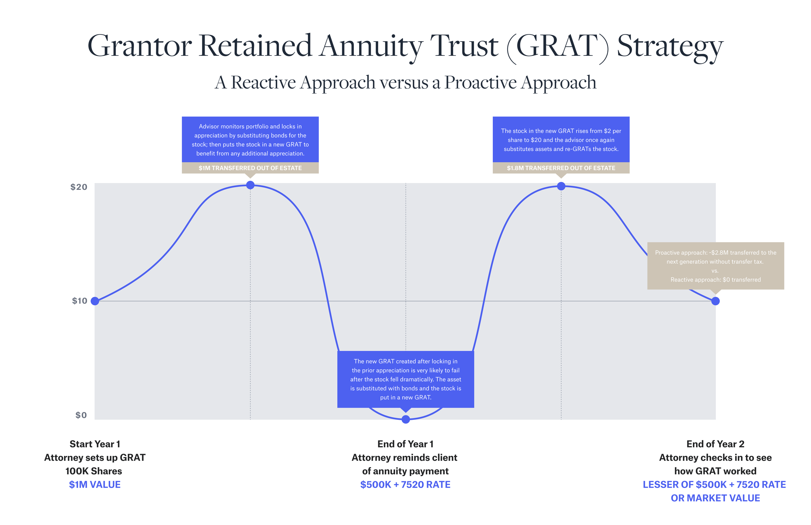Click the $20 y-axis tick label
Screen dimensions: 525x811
click(x=79, y=187)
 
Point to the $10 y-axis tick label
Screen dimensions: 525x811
click(x=79, y=301)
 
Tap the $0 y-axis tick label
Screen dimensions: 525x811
click(x=81, y=415)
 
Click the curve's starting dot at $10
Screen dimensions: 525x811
click(x=95, y=301)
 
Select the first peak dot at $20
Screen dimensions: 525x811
click(x=250, y=185)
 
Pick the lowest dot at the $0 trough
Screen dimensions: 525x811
click(x=405, y=419)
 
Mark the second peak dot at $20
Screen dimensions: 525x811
click(x=561, y=186)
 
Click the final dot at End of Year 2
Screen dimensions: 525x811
click(x=716, y=301)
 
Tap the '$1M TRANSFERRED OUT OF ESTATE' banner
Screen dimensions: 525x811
click(x=250, y=168)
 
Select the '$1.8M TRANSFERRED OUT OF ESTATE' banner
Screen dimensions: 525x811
click(x=561, y=168)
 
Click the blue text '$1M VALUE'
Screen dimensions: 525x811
click(x=95, y=484)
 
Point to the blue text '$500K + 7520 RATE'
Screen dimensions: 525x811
click(x=405, y=484)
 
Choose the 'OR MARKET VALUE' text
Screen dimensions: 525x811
click(x=715, y=498)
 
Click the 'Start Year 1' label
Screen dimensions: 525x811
click(x=95, y=444)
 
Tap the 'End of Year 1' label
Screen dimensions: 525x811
click(x=405, y=444)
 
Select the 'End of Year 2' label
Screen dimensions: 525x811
click(x=715, y=444)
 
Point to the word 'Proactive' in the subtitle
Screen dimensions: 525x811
click(x=480, y=82)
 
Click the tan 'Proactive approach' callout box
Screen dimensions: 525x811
click(x=716, y=266)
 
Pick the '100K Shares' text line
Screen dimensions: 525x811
click(x=94, y=471)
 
